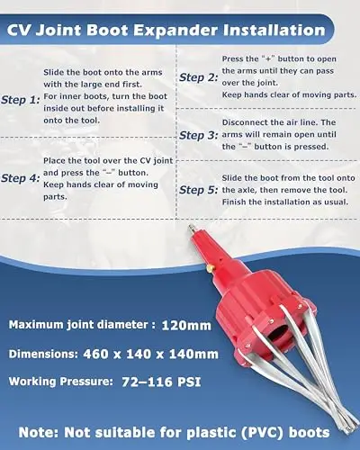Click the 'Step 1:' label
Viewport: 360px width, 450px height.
pyautogui.click(x=21, y=100)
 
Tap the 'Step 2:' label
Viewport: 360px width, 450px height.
pyautogui.click(x=199, y=77)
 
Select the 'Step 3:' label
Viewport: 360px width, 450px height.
pyautogui.click(x=199, y=135)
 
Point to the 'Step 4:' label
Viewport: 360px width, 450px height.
pyautogui.click(x=21, y=178)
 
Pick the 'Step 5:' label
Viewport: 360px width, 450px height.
pyautogui.click(x=199, y=190)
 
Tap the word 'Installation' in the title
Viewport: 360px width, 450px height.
pyautogui.click(x=274, y=30)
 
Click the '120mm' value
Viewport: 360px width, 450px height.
pyautogui.click(x=186, y=326)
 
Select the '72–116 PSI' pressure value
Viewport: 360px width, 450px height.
pyautogui.click(x=161, y=382)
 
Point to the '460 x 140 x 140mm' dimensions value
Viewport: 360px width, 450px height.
pyautogui.click(x=150, y=354)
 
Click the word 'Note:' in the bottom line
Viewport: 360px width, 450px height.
pyautogui.click(x=40, y=433)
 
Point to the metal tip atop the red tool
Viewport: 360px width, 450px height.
pyautogui.click(x=191, y=229)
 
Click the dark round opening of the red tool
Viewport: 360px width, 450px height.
pyautogui.click(x=278, y=334)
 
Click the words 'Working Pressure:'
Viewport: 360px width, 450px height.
pyautogui.click(x=61, y=382)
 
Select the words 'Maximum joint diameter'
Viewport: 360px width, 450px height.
pyautogui.click(x=78, y=325)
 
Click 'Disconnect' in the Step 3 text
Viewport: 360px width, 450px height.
pyautogui.click(x=244, y=122)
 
